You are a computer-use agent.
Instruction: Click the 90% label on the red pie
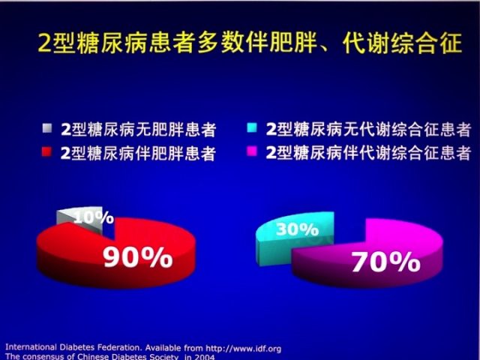138,258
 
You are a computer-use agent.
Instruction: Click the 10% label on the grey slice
94,217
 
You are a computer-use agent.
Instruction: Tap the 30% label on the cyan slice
297,229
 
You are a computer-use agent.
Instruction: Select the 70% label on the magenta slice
385,262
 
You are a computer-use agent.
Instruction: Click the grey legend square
46,128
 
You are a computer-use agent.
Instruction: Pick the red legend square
46,151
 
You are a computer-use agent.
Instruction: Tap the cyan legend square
252,127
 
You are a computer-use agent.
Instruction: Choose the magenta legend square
252,151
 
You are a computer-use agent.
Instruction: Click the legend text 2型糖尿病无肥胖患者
139,130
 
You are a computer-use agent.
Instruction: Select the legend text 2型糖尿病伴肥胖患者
138,153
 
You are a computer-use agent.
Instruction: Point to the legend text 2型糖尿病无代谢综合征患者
368,129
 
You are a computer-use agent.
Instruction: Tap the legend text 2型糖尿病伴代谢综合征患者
368,153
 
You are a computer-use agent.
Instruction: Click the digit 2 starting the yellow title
45,43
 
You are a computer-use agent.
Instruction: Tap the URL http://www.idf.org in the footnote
243,348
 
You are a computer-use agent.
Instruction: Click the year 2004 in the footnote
204,357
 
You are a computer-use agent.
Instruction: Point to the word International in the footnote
31,347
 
